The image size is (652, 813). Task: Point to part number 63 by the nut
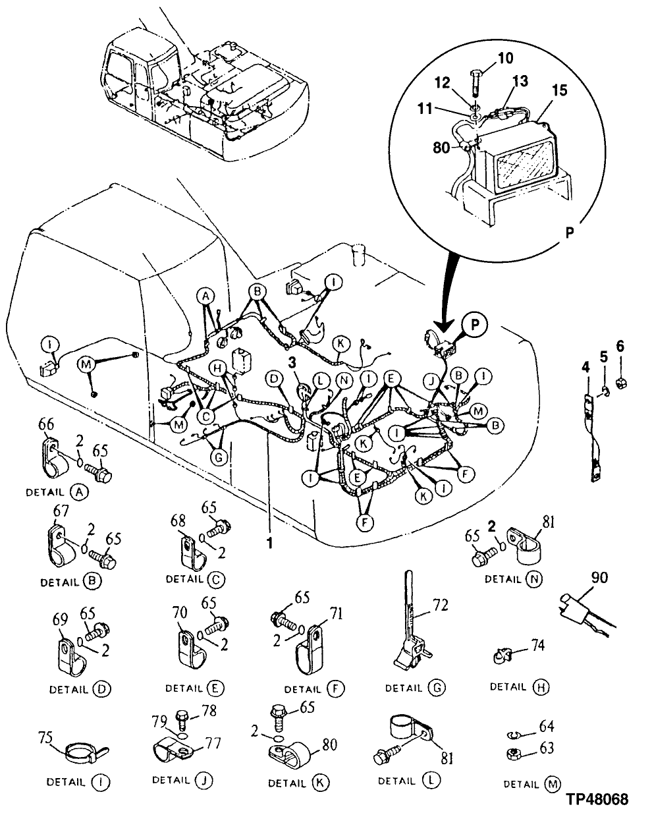pos(547,748)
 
